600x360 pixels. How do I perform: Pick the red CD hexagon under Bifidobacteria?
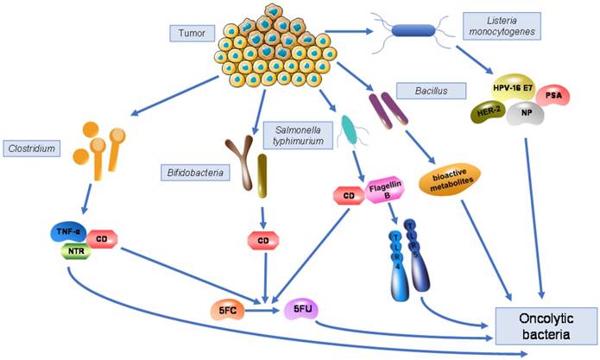(262, 238)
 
